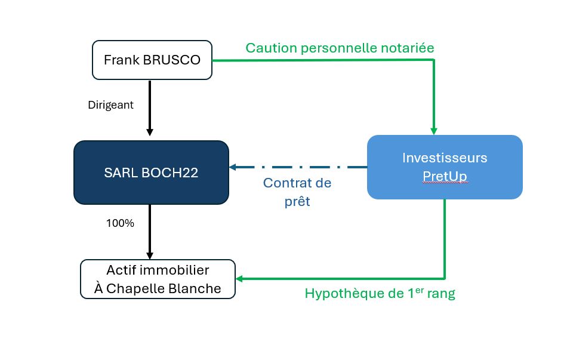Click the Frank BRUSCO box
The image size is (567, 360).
point(152,60)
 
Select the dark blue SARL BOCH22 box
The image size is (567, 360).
point(151,173)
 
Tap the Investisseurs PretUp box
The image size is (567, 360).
point(445,167)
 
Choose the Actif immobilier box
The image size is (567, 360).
point(158,279)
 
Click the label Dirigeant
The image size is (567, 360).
point(110,105)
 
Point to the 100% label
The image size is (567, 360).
point(120,223)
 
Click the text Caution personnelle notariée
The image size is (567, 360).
point(340,48)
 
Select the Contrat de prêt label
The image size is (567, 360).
point(297,192)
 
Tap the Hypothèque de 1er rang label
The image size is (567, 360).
point(380,293)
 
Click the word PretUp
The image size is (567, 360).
point(445,176)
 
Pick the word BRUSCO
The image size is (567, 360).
point(172,60)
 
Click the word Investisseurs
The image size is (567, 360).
point(445,158)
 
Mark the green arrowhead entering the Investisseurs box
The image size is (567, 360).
point(434,131)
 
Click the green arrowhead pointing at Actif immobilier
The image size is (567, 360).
point(239,279)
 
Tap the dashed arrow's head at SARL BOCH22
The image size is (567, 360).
point(233,167)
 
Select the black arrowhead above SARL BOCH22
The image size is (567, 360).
point(150,132)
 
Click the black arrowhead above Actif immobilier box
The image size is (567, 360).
point(150,256)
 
